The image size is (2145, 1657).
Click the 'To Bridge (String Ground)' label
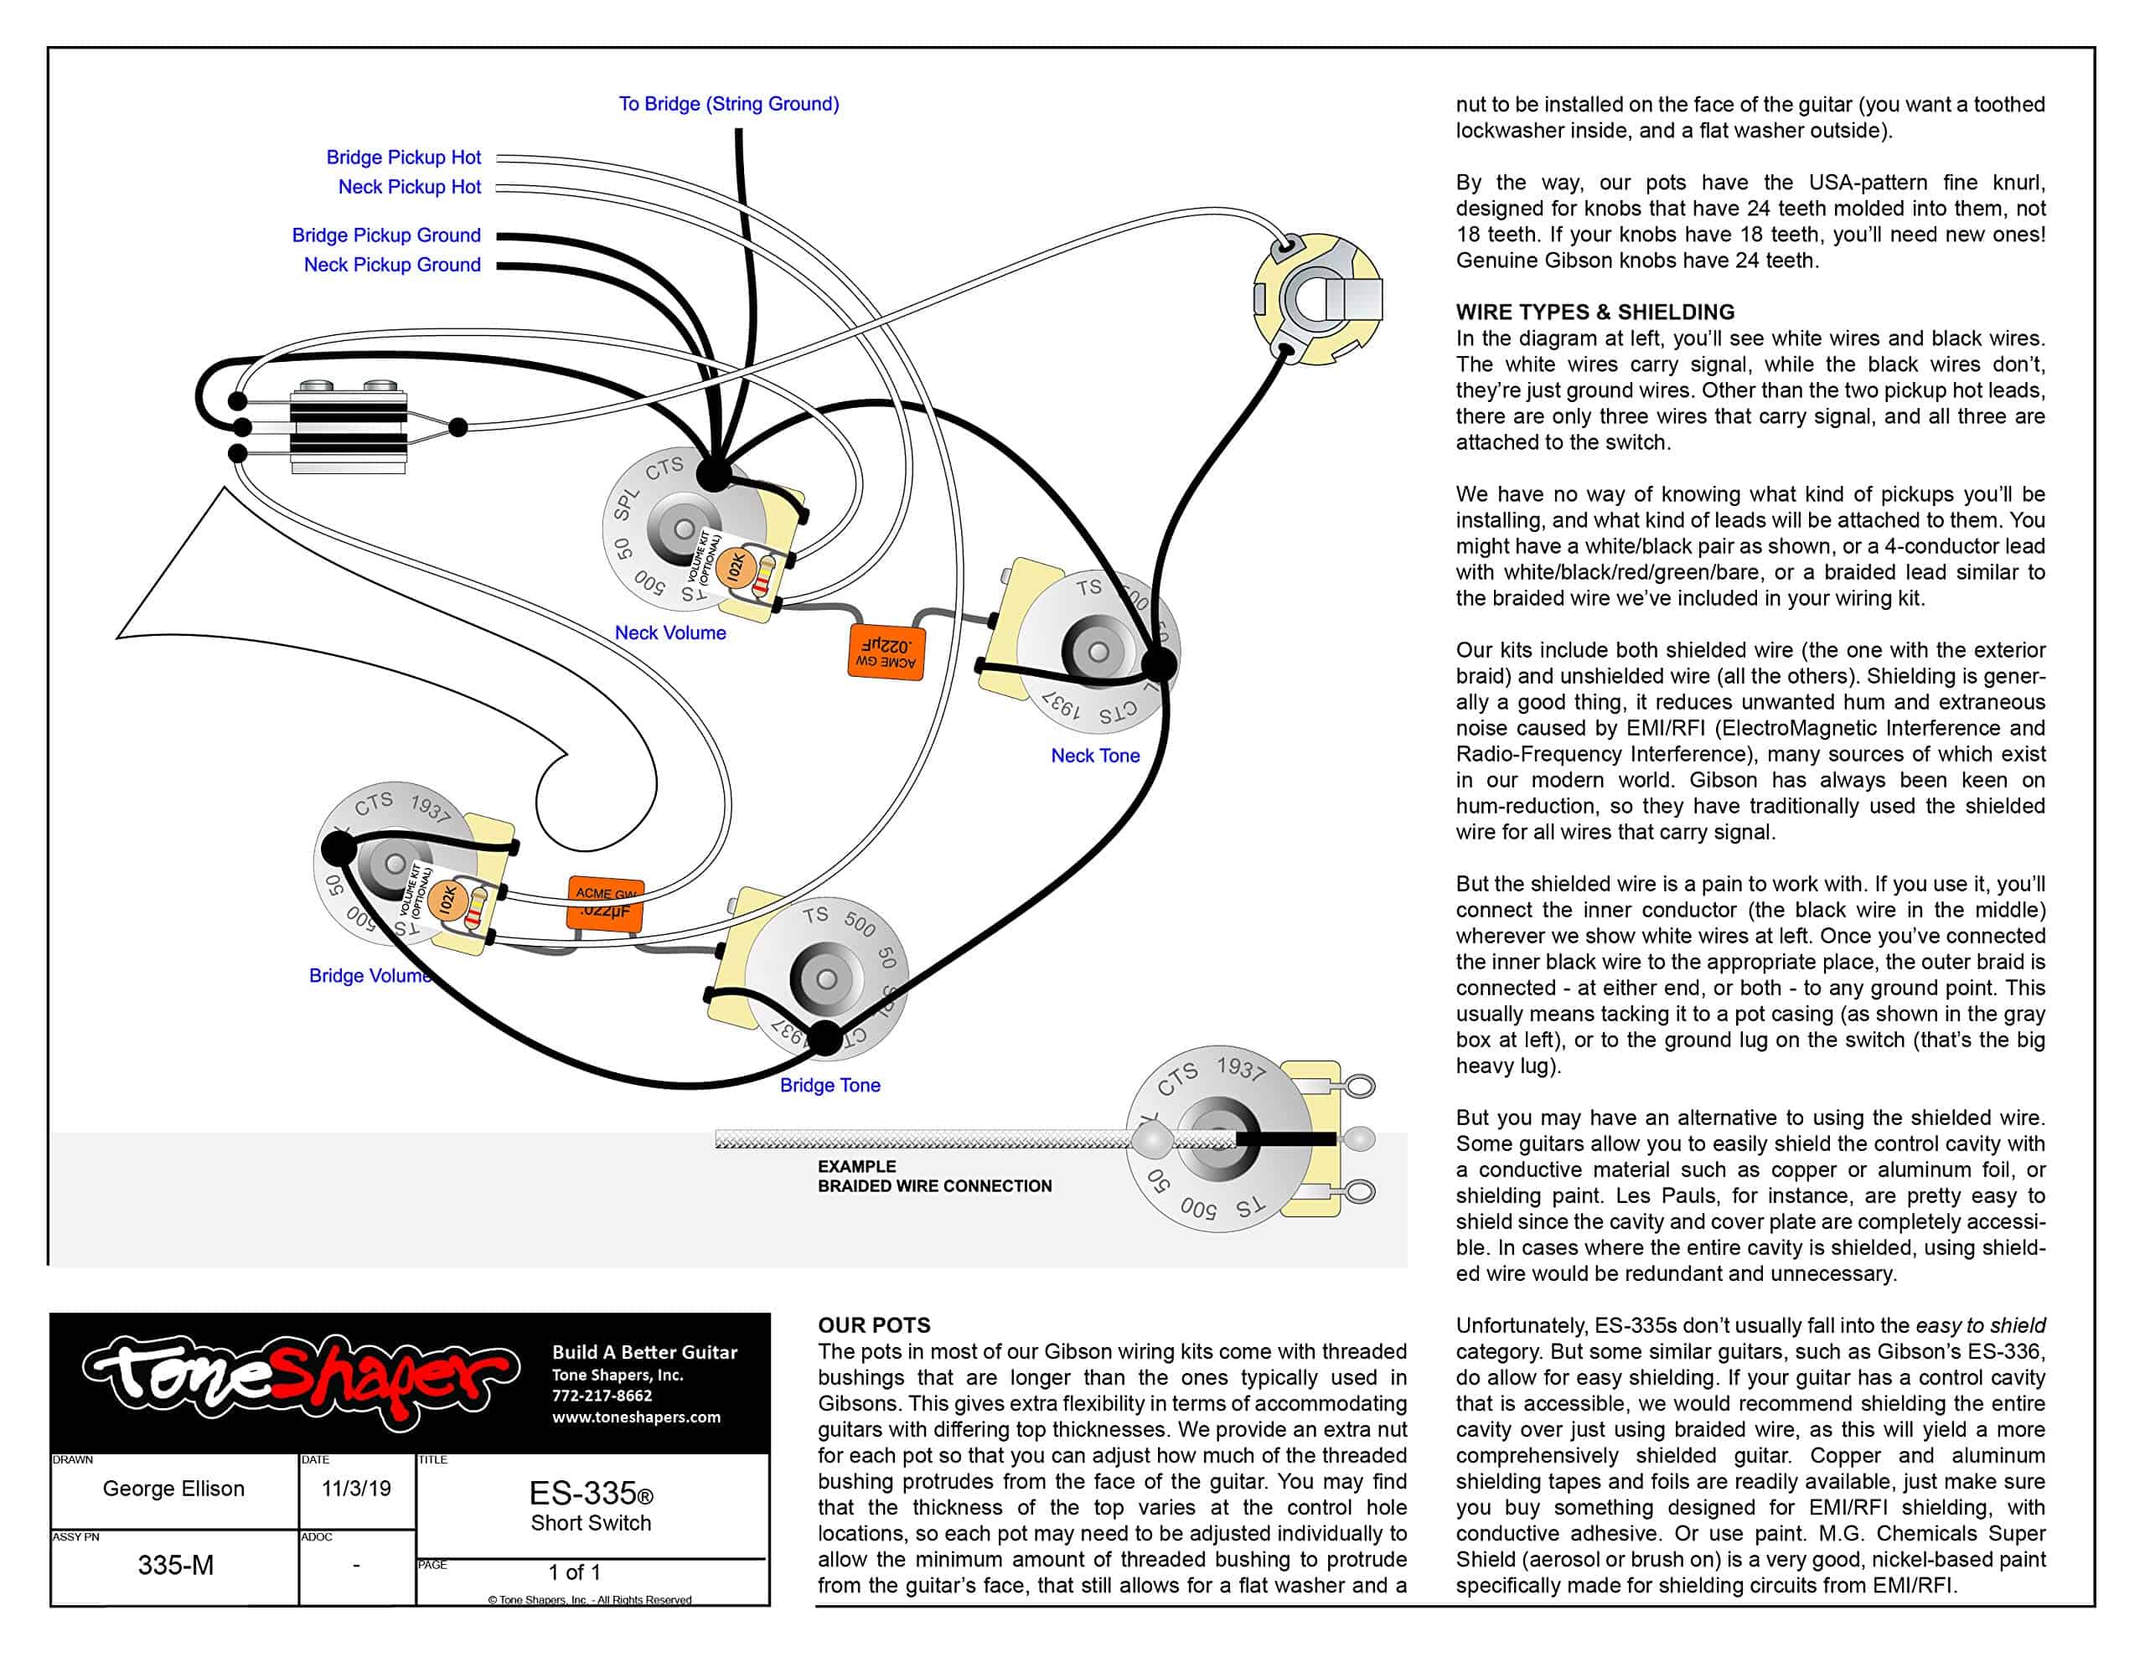click(x=728, y=104)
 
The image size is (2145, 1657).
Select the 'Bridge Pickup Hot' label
click(x=403, y=157)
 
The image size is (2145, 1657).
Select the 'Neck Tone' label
click(x=1094, y=756)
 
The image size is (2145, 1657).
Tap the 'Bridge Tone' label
click(x=829, y=1086)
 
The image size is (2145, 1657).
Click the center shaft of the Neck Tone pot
click(x=1098, y=651)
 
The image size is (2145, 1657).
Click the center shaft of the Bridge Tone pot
click(x=826, y=979)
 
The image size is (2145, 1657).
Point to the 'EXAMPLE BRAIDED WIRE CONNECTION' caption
click(x=933, y=1175)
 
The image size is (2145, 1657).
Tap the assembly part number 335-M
click(x=175, y=1565)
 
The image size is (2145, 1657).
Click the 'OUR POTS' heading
click(x=873, y=1325)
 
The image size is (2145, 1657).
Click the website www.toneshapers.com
click(x=635, y=1417)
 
